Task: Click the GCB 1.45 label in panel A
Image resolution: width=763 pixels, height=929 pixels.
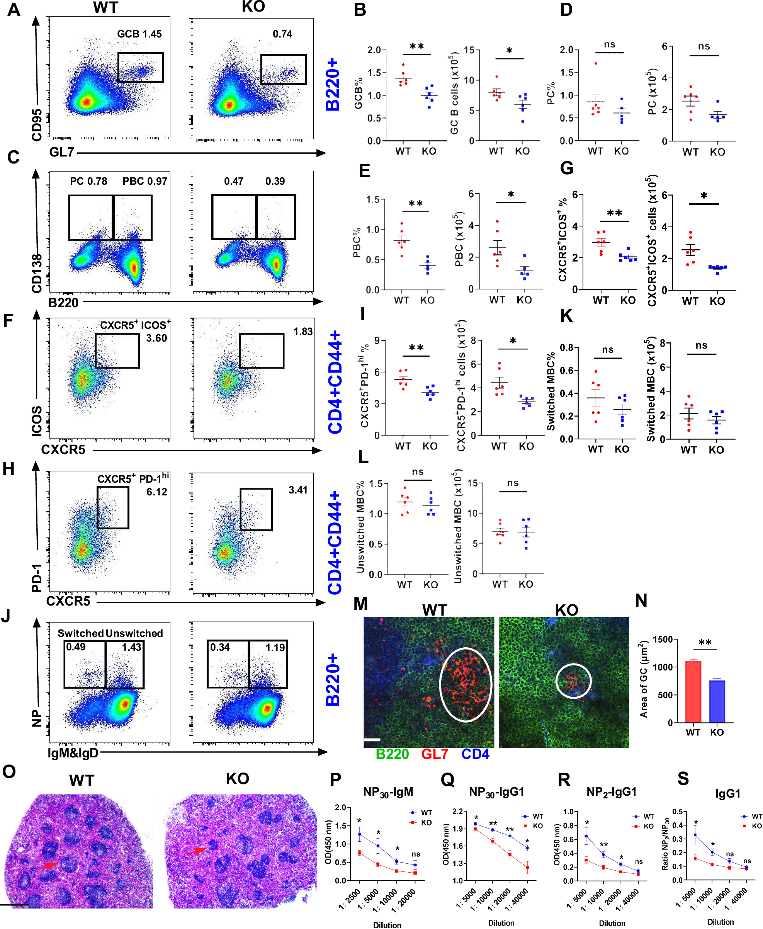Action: (139, 34)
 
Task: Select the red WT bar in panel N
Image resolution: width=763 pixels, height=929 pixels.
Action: (693, 692)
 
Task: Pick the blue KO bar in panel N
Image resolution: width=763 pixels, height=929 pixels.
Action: (717, 701)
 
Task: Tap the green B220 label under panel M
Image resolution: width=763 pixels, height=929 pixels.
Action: (392, 754)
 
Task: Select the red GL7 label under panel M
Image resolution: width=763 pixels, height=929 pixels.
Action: (434, 754)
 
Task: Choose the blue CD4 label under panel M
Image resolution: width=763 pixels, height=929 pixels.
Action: (475, 754)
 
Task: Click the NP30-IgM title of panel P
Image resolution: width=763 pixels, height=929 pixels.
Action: (388, 792)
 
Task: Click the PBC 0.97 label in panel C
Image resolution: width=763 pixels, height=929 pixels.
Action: (144, 181)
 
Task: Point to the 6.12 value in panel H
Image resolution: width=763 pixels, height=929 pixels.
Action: (157, 492)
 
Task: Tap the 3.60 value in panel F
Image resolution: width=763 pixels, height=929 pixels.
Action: (156, 338)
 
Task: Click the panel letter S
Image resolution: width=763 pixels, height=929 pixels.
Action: (683, 779)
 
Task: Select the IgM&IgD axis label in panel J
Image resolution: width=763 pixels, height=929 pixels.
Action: (73, 753)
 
